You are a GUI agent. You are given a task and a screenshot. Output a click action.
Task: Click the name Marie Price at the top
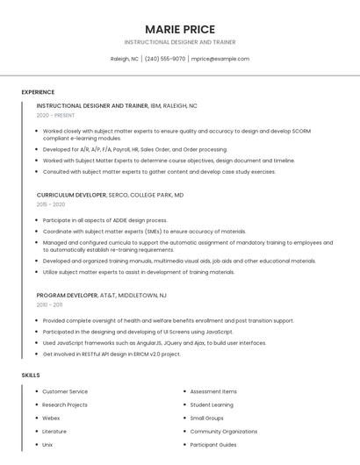click(179, 29)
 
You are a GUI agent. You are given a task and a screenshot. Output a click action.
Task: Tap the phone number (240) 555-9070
click(164, 59)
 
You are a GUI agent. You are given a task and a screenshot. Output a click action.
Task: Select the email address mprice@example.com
click(220, 59)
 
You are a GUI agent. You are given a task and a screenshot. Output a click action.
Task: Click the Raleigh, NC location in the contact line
click(124, 59)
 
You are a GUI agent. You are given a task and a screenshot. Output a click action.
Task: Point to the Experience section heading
click(38, 92)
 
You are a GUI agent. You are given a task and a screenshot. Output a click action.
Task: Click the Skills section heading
click(31, 375)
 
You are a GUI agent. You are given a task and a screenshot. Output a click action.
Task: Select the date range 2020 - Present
click(55, 115)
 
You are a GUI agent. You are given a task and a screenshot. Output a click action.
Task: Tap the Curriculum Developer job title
click(71, 195)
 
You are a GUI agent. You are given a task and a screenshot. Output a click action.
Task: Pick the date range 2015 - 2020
click(51, 204)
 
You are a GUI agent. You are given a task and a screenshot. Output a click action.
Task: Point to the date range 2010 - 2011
click(49, 305)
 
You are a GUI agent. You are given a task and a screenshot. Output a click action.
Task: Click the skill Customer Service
click(65, 391)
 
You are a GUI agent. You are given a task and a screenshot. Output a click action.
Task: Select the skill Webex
click(52, 418)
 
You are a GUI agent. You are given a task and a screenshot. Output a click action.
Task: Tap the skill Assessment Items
click(213, 391)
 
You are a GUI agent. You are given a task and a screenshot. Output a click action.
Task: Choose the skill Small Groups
click(207, 418)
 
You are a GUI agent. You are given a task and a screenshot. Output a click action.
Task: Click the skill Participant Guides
click(213, 445)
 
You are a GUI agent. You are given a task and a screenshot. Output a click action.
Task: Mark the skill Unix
click(47, 445)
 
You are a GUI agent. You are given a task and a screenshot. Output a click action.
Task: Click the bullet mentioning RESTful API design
click(112, 354)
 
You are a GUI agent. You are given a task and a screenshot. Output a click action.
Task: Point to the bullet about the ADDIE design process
click(104, 220)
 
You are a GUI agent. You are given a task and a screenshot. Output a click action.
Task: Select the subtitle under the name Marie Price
click(179, 42)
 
